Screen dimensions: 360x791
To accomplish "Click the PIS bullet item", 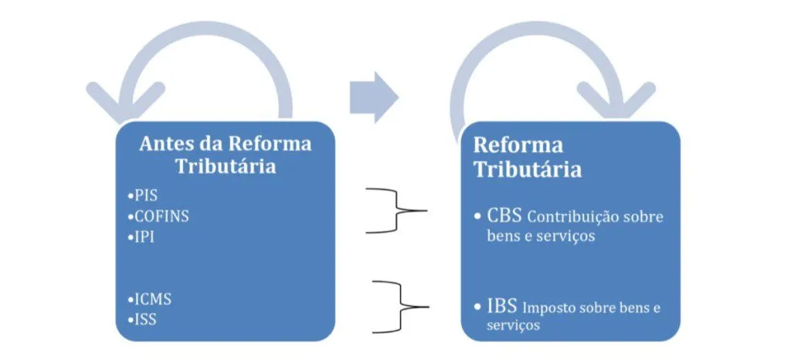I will (145, 195).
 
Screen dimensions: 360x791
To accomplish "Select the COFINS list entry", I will (161, 216).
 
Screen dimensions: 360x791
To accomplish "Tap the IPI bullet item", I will (144, 237).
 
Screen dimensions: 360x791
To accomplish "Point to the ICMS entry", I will (151, 297).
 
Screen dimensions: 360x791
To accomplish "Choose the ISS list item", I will (144, 318).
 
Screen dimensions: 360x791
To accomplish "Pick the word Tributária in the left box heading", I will (225, 167).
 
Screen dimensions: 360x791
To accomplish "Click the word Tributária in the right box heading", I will (527, 169).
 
